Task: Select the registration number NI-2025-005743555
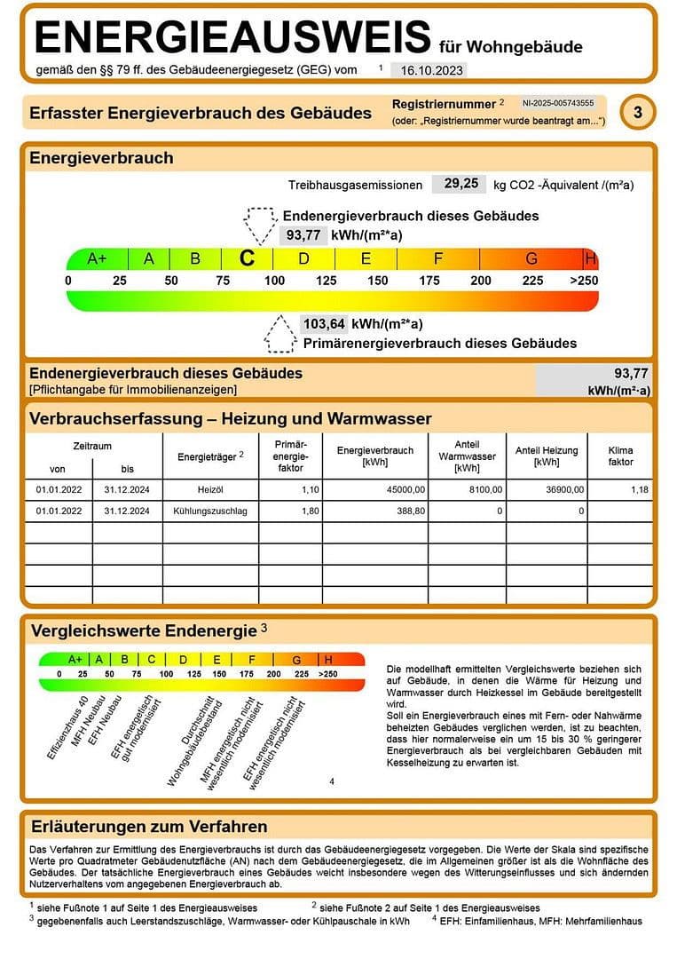(x=557, y=104)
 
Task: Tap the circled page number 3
(x=637, y=113)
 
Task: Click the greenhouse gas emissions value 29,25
(x=461, y=184)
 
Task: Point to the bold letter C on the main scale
(x=248, y=258)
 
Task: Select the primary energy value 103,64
(x=323, y=323)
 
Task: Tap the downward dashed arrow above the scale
(x=260, y=226)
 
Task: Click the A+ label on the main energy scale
(x=97, y=259)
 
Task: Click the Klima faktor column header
(x=621, y=456)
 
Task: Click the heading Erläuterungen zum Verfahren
(x=149, y=826)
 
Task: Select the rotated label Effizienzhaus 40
(x=67, y=727)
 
